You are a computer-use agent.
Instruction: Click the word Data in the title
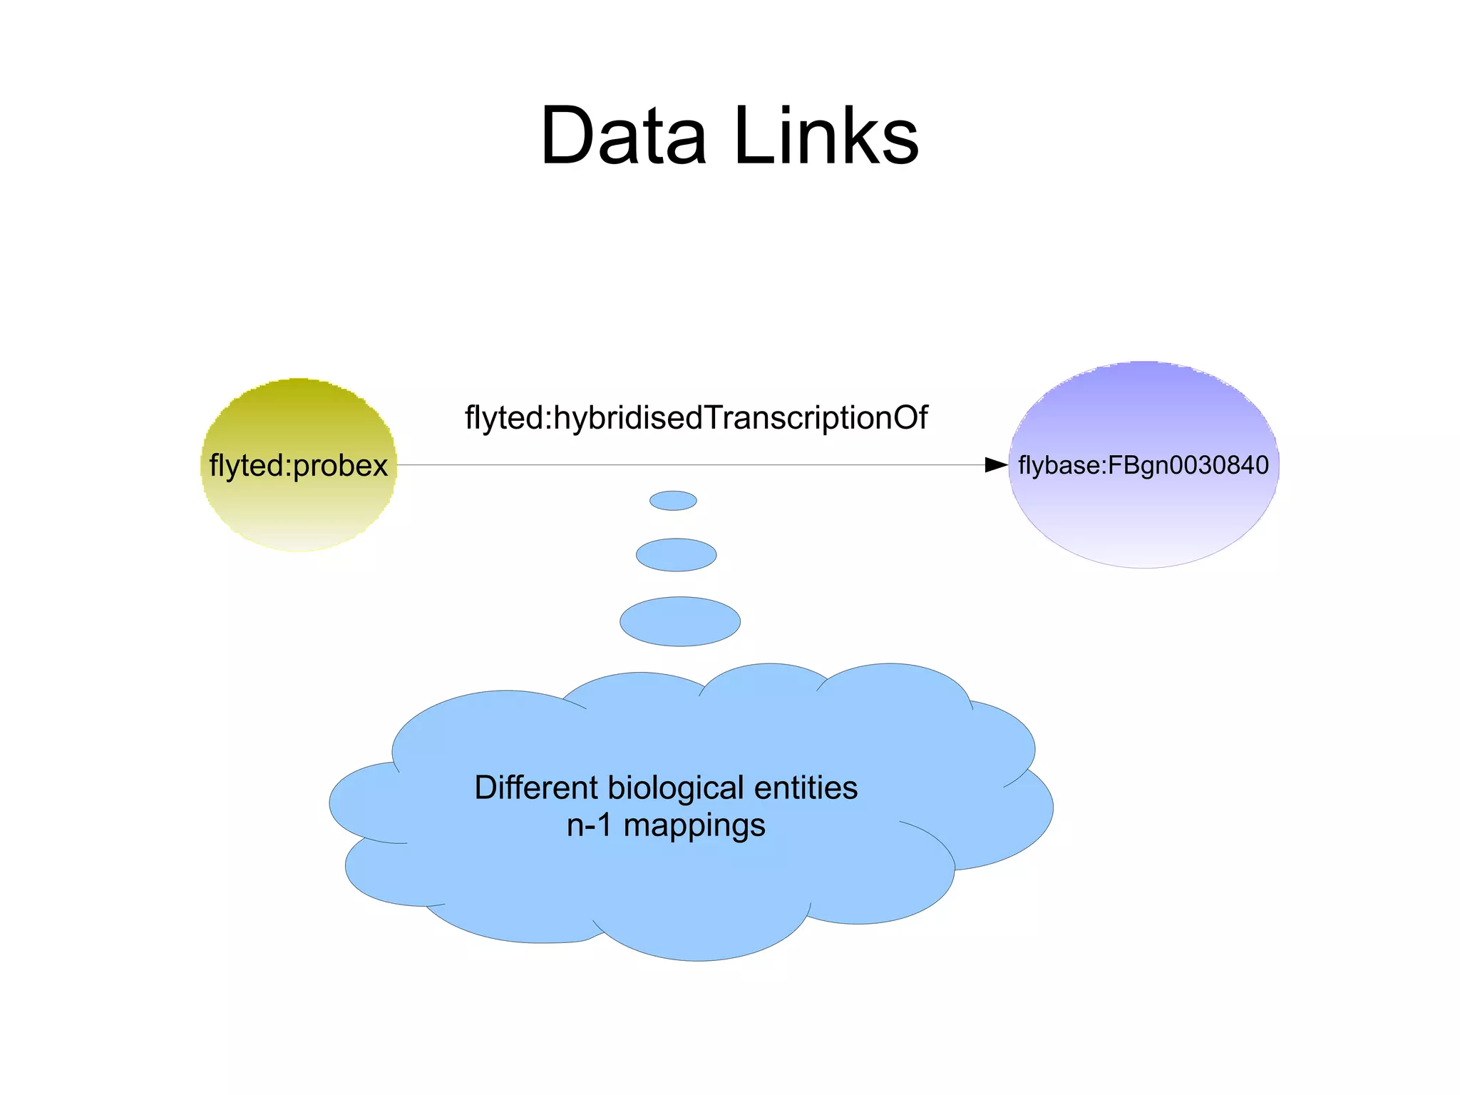(623, 136)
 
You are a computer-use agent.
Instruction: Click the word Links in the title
(826, 136)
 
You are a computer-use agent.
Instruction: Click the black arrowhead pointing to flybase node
(996, 465)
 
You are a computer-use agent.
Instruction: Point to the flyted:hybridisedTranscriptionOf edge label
(696, 418)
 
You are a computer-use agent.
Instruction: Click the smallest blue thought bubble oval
(673, 501)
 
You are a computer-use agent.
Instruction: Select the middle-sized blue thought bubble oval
(676, 555)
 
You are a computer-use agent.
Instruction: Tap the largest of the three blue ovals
(680, 621)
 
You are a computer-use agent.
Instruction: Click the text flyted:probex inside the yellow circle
(299, 466)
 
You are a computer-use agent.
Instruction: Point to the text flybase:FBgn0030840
(1143, 465)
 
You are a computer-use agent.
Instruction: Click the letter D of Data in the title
(567, 136)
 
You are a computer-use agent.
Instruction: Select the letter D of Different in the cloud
(484, 788)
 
